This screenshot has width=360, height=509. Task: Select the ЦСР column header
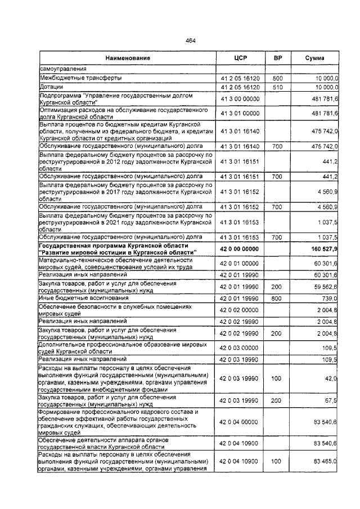(240, 58)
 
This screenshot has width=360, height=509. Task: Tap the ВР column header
(277, 58)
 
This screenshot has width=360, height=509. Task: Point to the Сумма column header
(314, 58)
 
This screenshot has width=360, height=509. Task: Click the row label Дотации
(51, 87)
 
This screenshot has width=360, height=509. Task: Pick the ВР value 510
(277, 87)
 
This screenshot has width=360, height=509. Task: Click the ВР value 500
(277, 78)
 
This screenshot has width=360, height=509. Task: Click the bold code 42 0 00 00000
(240, 249)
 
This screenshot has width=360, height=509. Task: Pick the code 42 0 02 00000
(240, 309)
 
